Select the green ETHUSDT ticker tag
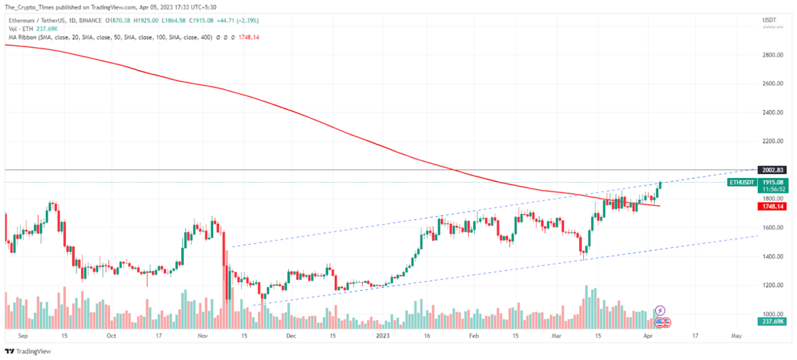click(742, 181)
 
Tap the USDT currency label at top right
click(769, 20)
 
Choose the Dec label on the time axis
click(290, 337)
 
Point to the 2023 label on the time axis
click(383, 337)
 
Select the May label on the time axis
click(735, 337)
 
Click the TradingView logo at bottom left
click(27, 351)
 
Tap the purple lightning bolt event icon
click(660, 310)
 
